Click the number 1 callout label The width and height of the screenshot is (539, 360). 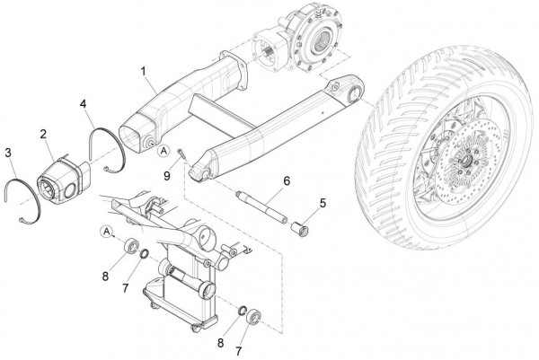144,72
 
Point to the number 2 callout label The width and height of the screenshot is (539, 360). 43,134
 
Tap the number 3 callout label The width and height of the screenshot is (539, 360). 8,153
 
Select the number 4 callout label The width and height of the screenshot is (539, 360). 84,104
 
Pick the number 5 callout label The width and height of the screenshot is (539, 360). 323,203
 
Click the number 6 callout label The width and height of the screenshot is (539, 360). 287,180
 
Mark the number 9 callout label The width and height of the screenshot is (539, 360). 167,176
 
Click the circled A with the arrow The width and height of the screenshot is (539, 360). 107,232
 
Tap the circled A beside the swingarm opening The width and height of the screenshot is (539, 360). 164,151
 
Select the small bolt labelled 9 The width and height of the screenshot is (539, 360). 181,154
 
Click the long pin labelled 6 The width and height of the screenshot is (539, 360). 261,207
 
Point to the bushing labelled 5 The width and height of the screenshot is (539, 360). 300,229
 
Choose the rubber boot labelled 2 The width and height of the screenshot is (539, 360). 64,180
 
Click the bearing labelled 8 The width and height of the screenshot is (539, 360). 131,245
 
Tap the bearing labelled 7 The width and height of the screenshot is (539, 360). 253,317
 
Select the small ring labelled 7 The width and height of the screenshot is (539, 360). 144,254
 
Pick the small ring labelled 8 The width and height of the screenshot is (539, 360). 243,311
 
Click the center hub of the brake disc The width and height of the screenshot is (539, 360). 466,161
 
